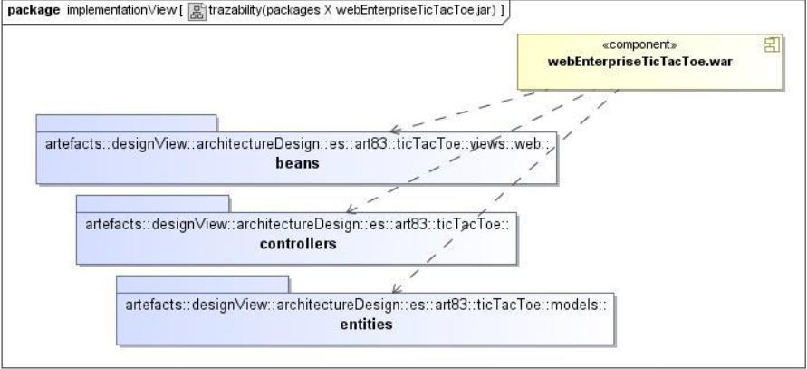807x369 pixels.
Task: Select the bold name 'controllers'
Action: pyautogui.click(x=299, y=244)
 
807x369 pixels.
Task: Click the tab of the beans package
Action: pyautogui.click(x=126, y=123)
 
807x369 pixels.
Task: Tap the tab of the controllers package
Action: pyautogui.click(x=152, y=203)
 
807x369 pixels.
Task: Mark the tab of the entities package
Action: pyautogui.click(x=202, y=284)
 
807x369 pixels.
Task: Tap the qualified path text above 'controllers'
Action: pyautogui.click(x=299, y=226)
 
